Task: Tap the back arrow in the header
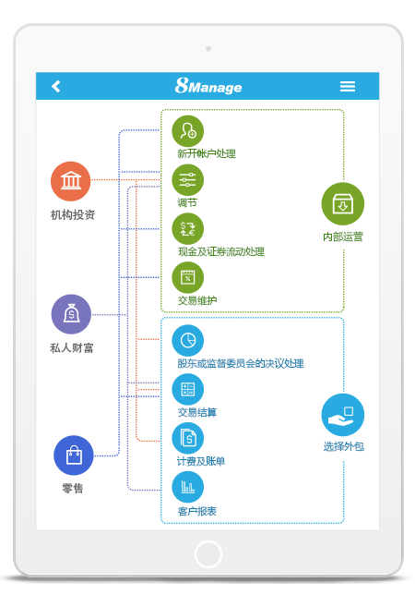click(x=56, y=86)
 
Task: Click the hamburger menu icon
click(x=348, y=86)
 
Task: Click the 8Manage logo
click(x=208, y=86)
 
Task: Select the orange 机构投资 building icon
click(x=71, y=181)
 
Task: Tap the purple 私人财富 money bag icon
click(x=71, y=314)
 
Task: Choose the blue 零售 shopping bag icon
click(x=73, y=455)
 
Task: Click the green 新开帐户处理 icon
click(x=188, y=130)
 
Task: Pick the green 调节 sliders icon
click(x=188, y=179)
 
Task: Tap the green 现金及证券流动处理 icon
click(x=188, y=228)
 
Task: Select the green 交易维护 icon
click(x=188, y=277)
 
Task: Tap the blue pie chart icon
click(x=188, y=340)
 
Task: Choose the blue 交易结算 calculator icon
click(x=188, y=389)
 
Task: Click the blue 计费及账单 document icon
click(x=188, y=438)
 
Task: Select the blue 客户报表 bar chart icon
click(x=188, y=487)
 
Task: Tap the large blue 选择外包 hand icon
click(x=342, y=415)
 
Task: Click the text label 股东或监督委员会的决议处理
click(x=241, y=363)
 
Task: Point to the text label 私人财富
click(x=71, y=348)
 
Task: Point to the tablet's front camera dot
click(x=208, y=48)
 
